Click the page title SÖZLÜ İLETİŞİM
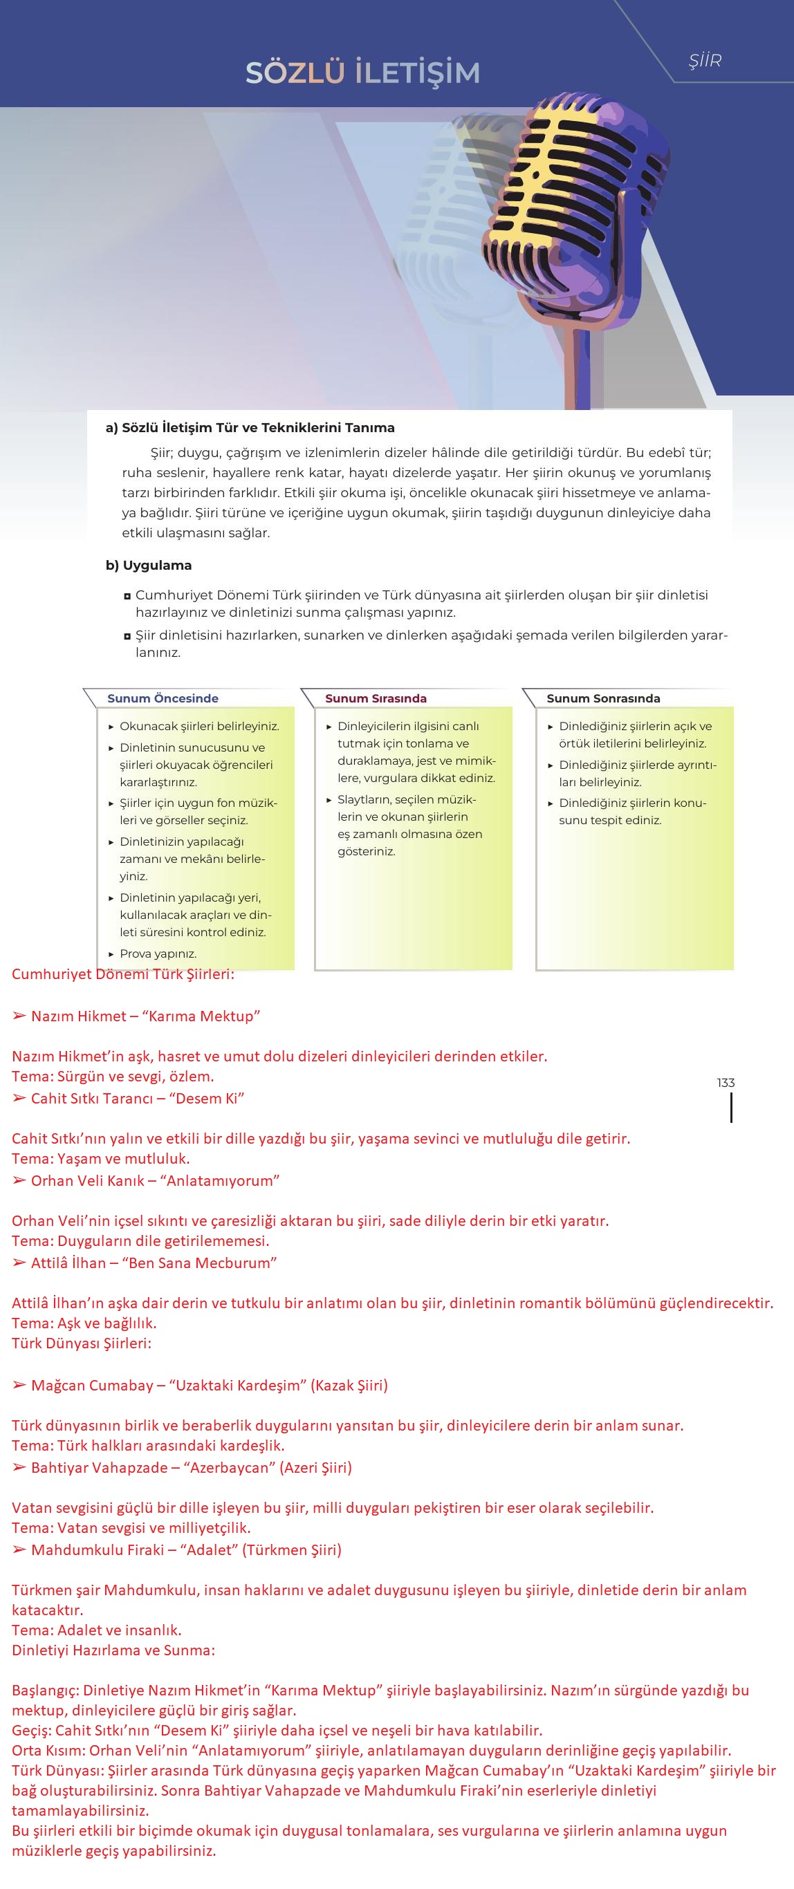(x=362, y=73)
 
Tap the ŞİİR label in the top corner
(x=705, y=61)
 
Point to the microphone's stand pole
(x=583, y=366)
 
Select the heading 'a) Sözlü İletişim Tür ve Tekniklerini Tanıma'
(x=250, y=427)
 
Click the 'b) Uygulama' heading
(x=148, y=566)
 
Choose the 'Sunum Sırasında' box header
(x=376, y=698)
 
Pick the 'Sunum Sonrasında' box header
(x=603, y=698)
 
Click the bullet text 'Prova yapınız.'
(x=158, y=953)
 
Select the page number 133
(x=726, y=1082)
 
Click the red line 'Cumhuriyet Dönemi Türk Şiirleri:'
(x=123, y=974)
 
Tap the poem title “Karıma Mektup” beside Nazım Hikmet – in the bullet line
(x=201, y=1016)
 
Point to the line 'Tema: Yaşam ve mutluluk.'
(x=100, y=1159)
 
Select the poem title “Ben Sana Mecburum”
(x=202, y=1263)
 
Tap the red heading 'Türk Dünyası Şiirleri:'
(x=82, y=1343)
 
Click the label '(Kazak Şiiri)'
(x=349, y=1385)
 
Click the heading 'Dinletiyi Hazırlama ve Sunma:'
(x=113, y=1650)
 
